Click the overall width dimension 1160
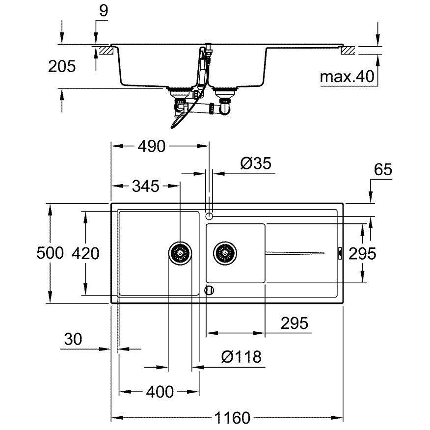[232, 418]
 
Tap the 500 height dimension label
[50, 253]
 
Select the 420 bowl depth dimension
[85, 253]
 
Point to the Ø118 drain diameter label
[242, 357]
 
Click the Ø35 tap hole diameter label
[256, 163]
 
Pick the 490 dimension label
[152, 146]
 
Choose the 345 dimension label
[146, 186]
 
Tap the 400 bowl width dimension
[160, 392]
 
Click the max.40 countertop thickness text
[347, 77]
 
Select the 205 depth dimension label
[62, 66]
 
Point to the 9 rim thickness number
[104, 11]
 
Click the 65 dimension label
[383, 169]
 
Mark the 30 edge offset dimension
[73, 339]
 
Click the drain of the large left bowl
[180, 253]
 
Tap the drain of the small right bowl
[225, 253]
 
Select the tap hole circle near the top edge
[209, 216]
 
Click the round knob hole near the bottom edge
[210, 290]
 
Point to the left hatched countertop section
[107, 51]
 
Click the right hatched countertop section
[348, 51]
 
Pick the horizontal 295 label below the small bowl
[294, 323]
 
